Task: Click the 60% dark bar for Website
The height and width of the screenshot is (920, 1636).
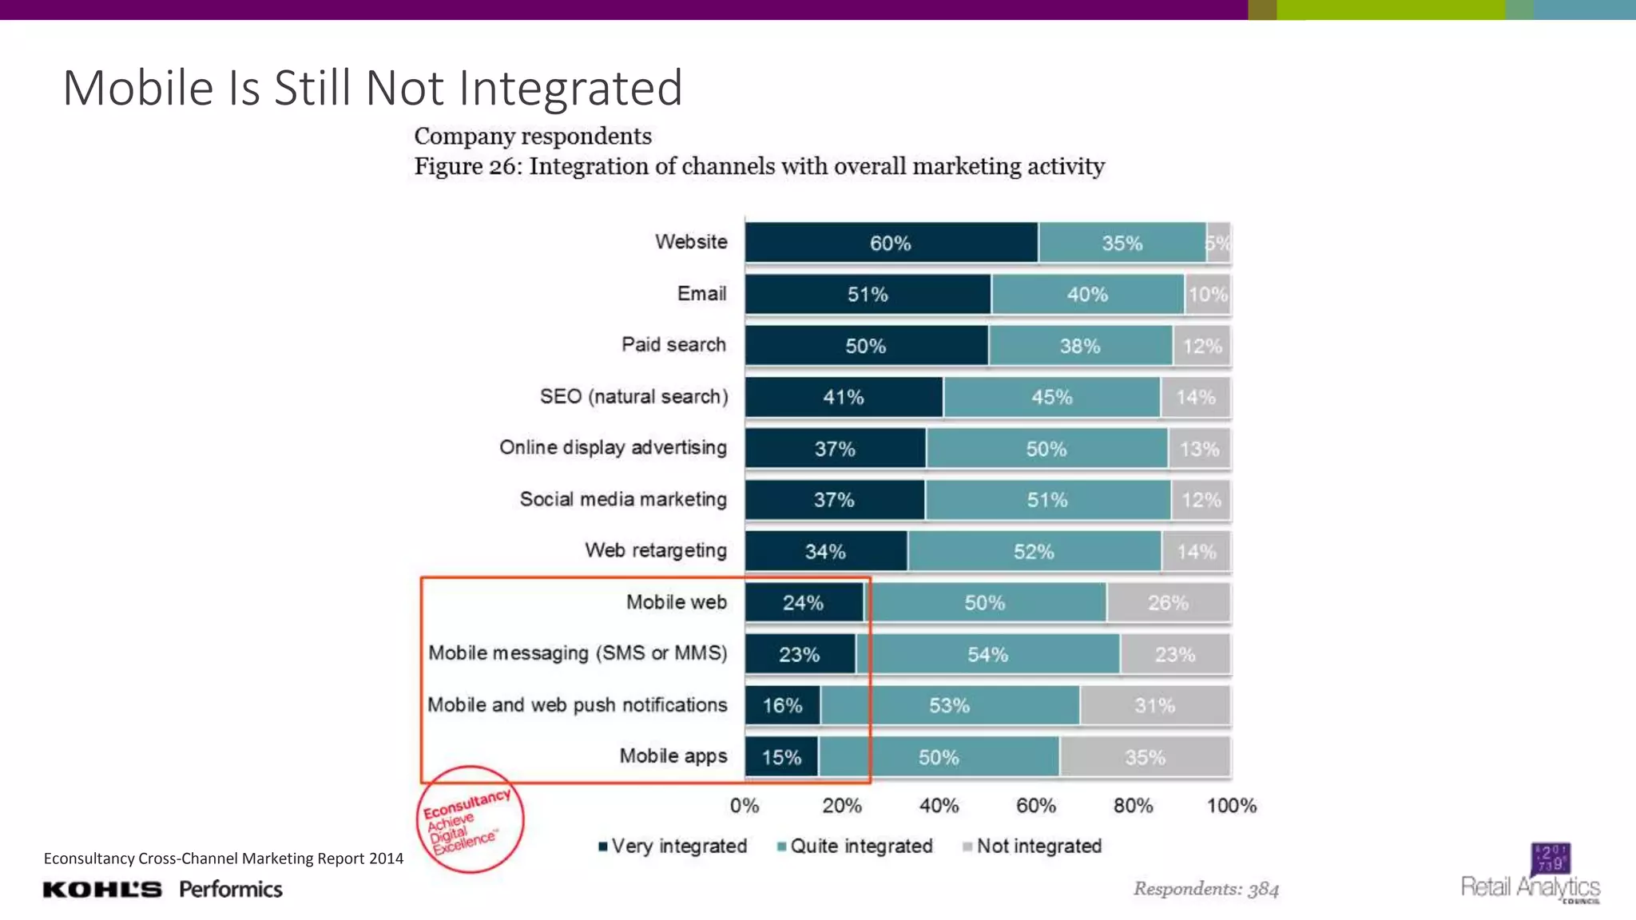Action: [x=891, y=243]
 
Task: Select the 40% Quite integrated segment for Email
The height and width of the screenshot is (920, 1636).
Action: [x=1087, y=295]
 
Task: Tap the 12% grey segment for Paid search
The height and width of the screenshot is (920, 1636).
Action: [x=1201, y=346]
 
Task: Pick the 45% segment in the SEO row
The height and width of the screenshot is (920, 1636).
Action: [x=1051, y=397]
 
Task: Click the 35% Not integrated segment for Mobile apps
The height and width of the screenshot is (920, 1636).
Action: [x=1145, y=757]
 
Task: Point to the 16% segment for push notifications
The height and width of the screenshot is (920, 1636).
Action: [x=782, y=705]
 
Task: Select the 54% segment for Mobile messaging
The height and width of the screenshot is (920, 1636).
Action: [x=987, y=655]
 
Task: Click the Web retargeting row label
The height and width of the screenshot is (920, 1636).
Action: [x=655, y=550]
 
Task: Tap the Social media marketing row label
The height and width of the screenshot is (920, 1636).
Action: [x=623, y=499]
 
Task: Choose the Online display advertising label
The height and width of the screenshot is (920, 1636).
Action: [x=613, y=447]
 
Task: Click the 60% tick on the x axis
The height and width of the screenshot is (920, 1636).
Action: [x=1036, y=805]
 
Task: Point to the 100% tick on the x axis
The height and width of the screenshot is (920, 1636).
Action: [x=1231, y=805]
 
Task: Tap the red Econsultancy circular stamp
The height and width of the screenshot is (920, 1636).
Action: [x=470, y=819]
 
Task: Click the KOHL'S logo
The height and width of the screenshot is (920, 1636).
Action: [x=102, y=890]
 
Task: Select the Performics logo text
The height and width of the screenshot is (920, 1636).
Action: [x=231, y=889]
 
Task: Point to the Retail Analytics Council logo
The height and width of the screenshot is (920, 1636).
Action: [x=1531, y=874]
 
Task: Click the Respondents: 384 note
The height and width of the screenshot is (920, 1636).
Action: [x=1205, y=889]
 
